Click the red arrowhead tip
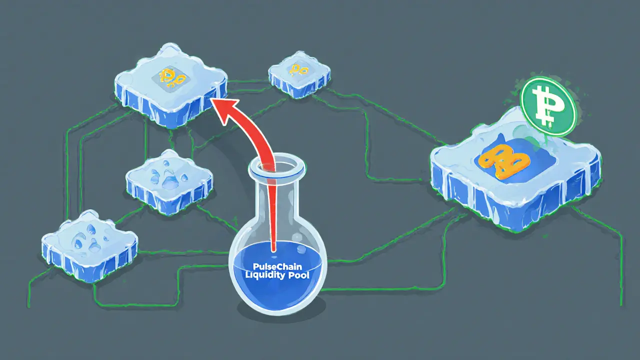(x=210, y=100)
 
